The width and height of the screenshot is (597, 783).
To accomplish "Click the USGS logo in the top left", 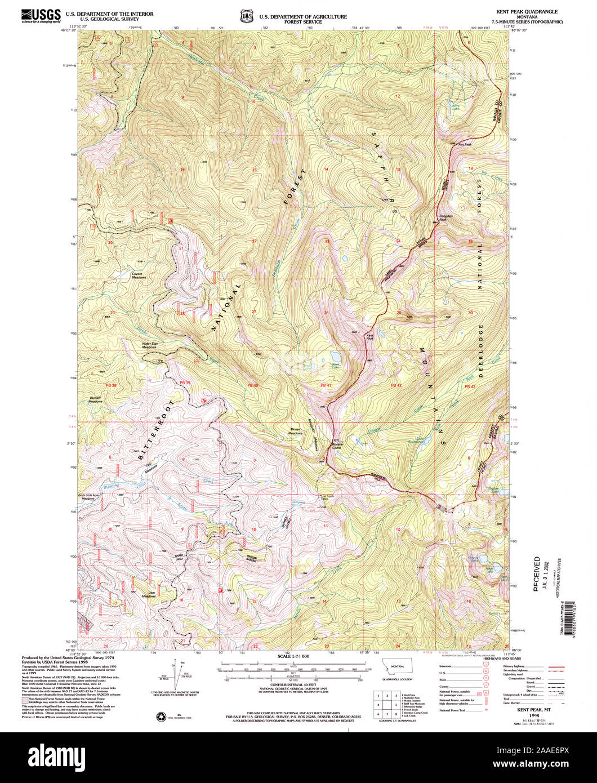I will [40, 15].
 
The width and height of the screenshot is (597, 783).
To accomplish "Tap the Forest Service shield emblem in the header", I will [246, 16].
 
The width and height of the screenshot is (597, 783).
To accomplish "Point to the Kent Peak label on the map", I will [370, 337].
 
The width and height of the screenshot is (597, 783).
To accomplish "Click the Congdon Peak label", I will [446, 217].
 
